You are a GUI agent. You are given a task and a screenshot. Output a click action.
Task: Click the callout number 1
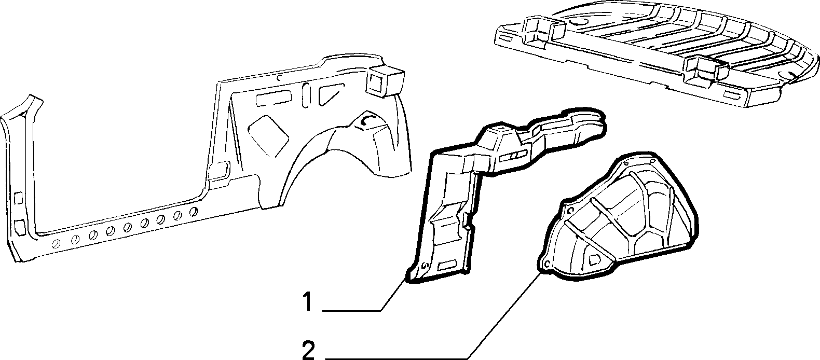309,302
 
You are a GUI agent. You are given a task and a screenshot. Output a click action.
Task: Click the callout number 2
309,350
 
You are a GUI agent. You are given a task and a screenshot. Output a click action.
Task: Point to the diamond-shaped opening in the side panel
268,136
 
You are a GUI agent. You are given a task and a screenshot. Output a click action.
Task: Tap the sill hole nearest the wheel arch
194,212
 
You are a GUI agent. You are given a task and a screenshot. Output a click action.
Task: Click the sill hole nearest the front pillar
57,244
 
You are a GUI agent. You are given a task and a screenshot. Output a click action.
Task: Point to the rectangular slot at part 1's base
448,265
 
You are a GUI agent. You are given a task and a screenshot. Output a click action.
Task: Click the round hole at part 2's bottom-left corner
548,264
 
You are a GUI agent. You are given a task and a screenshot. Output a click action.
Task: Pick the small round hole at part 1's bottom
425,266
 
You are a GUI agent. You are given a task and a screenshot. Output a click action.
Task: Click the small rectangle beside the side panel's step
221,171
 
